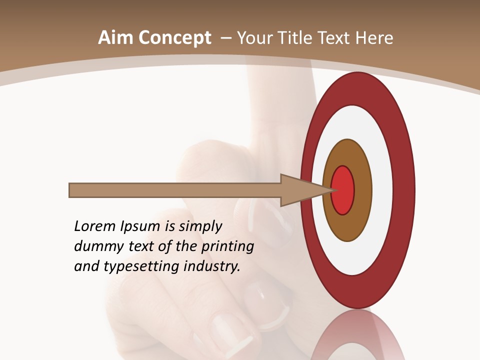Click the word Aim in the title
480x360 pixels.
pyautogui.click(x=115, y=38)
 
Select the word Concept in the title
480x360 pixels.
pyautogui.click(x=174, y=38)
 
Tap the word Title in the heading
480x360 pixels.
pyautogui.click(x=301, y=38)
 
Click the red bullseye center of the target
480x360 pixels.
pyautogui.click(x=343, y=190)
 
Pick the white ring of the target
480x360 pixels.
pyautogui.click(x=380, y=190)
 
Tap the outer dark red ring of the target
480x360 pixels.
pyautogui.click(x=403, y=190)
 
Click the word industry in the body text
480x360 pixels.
pyautogui.click(x=212, y=266)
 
